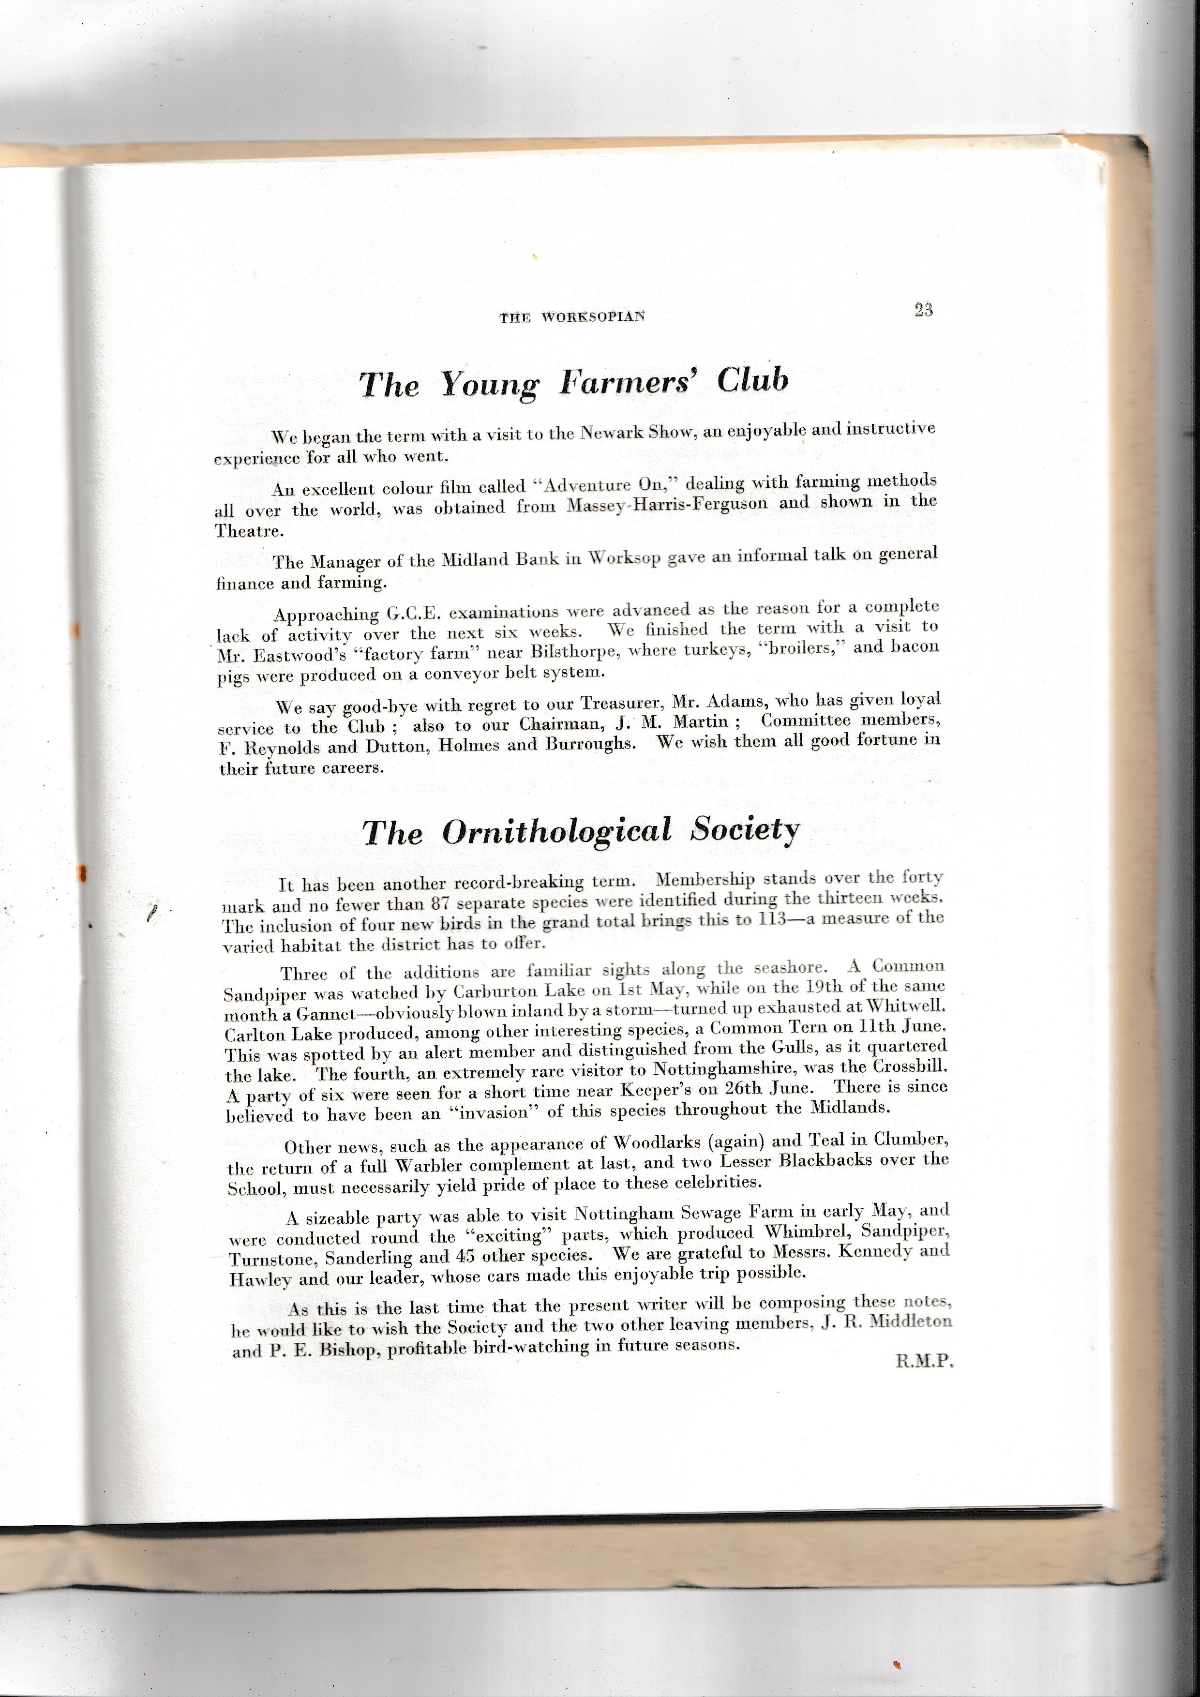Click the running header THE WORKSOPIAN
tap(572, 317)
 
